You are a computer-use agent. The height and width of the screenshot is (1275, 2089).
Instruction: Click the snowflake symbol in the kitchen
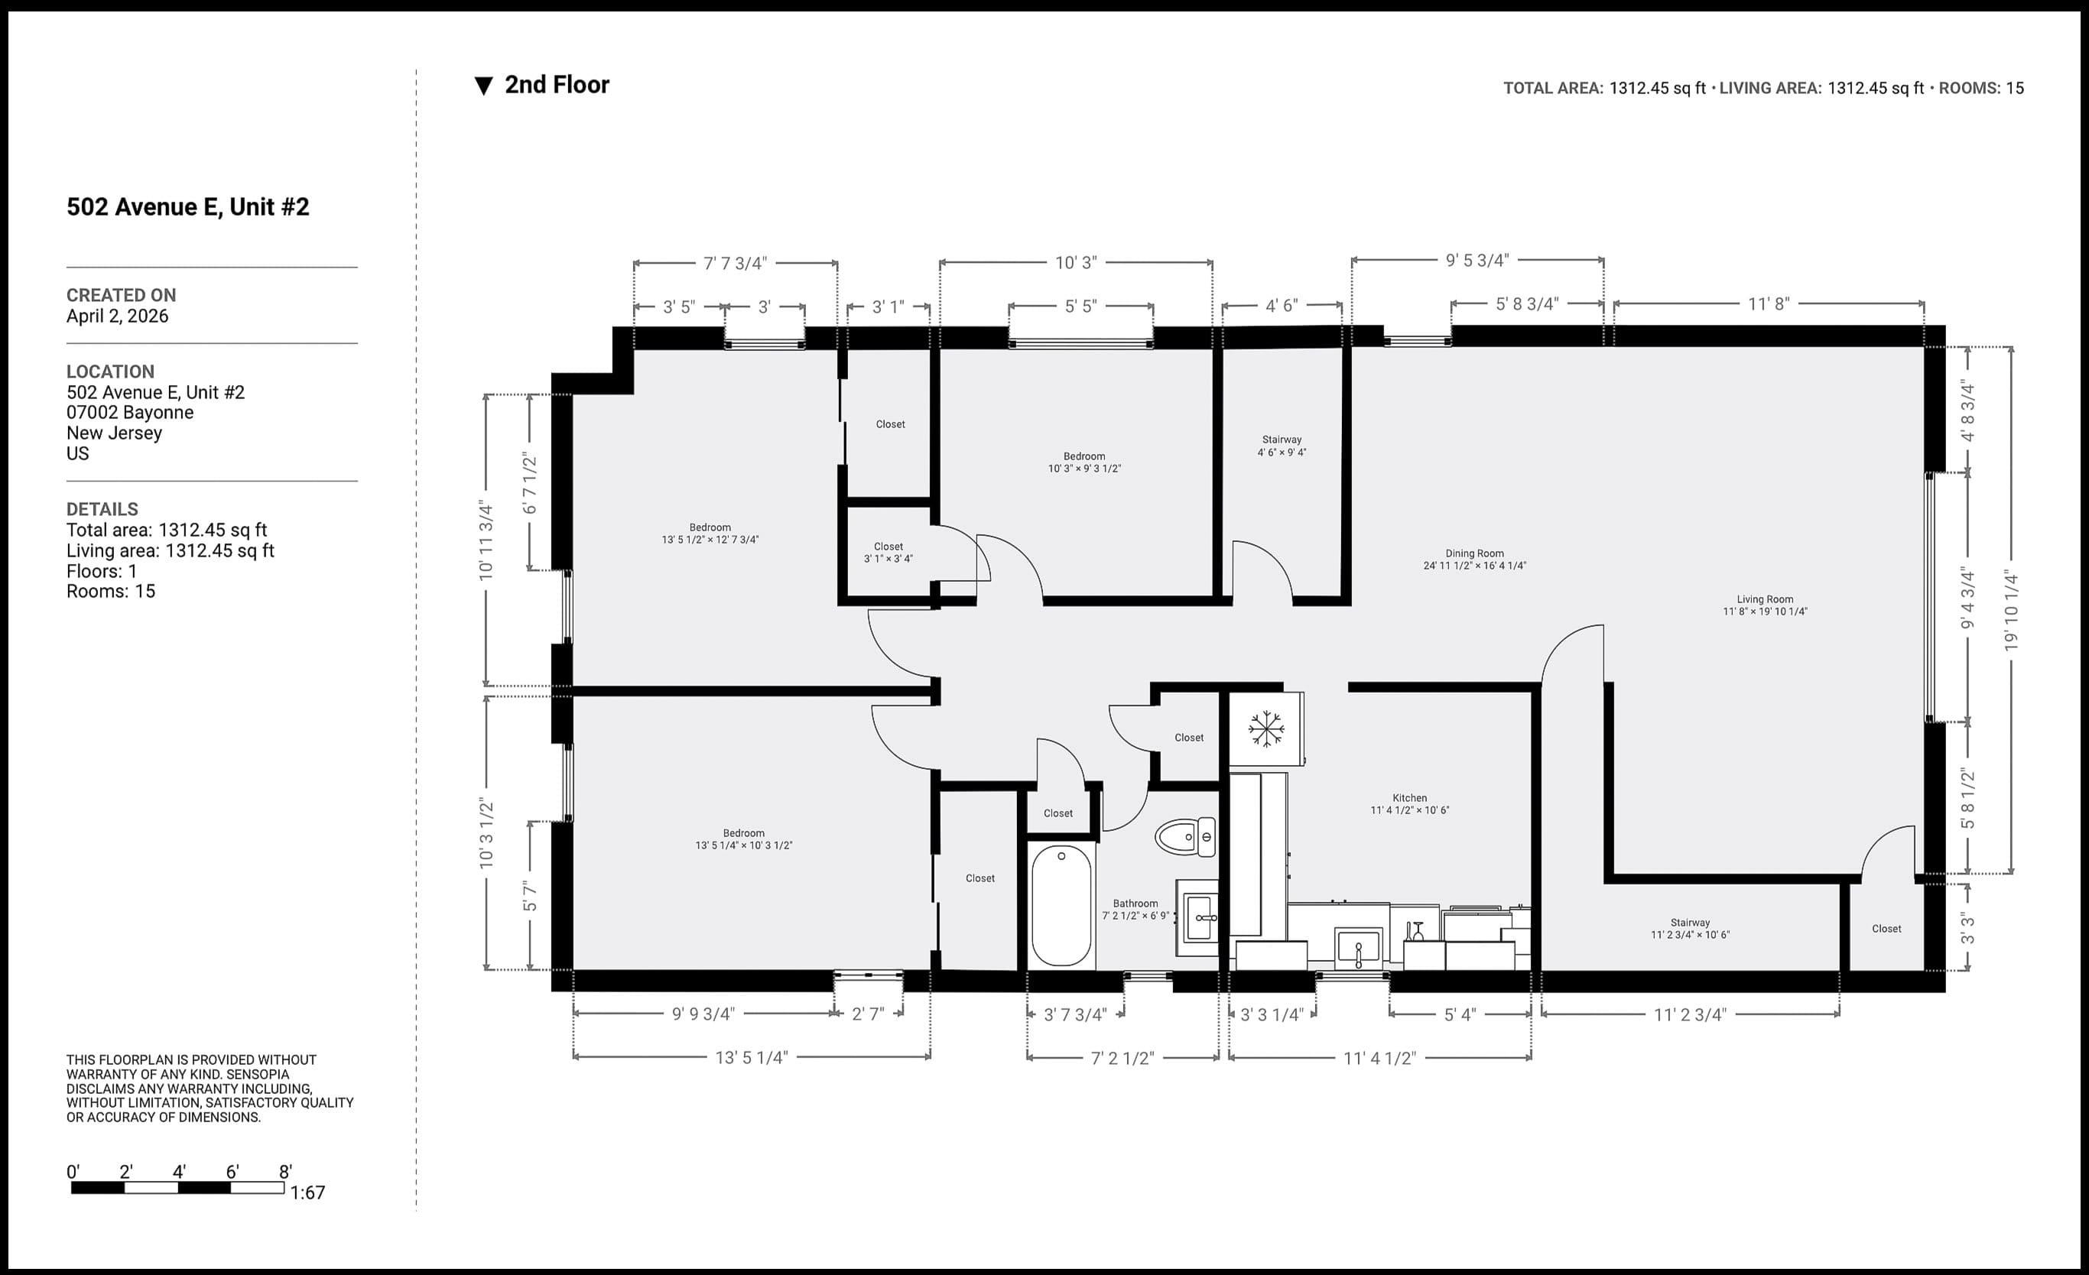click(1265, 728)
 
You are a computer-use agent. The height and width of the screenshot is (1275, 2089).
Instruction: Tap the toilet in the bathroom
click(1185, 838)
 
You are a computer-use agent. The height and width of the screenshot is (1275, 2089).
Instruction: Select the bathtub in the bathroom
click(1061, 905)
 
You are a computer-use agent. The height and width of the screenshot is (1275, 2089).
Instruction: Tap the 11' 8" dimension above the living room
click(1769, 303)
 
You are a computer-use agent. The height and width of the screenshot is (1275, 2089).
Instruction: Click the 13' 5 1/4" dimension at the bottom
click(751, 1057)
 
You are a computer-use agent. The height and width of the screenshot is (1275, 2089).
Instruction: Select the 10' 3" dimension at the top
click(1075, 263)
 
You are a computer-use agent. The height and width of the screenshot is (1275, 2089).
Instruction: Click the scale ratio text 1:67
click(307, 1192)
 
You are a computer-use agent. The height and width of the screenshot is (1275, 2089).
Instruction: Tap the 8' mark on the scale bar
click(285, 1173)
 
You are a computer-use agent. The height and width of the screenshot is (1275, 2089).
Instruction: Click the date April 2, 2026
click(117, 316)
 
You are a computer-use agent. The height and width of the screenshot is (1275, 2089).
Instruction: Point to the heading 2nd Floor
click(556, 85)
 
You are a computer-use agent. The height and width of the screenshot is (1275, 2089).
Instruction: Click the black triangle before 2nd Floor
click(483, 86)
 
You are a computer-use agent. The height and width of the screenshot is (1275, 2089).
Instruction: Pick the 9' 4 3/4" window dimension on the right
click(1967, 599)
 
